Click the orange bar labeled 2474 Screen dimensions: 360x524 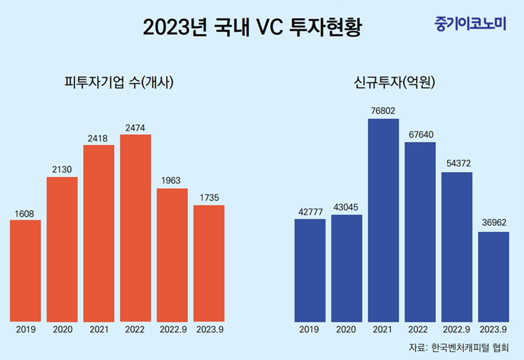pos(136,227)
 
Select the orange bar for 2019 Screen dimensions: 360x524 pos(26,271)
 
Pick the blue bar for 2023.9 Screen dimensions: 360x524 pos(493,276)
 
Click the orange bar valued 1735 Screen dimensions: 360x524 pos(209,263)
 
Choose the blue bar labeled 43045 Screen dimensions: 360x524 pos(347,268)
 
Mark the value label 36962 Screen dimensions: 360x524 pos(493,224)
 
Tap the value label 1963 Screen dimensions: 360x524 pos(172,180)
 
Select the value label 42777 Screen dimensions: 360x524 pos(310,211)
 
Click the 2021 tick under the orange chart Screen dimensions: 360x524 pos(99,329)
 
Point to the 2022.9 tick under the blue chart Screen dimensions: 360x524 pos(457,329)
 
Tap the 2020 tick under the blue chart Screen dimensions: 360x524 pos(347,329)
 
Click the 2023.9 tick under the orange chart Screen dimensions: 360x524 pos(209,329)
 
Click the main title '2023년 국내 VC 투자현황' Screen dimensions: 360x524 pos(253,28)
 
